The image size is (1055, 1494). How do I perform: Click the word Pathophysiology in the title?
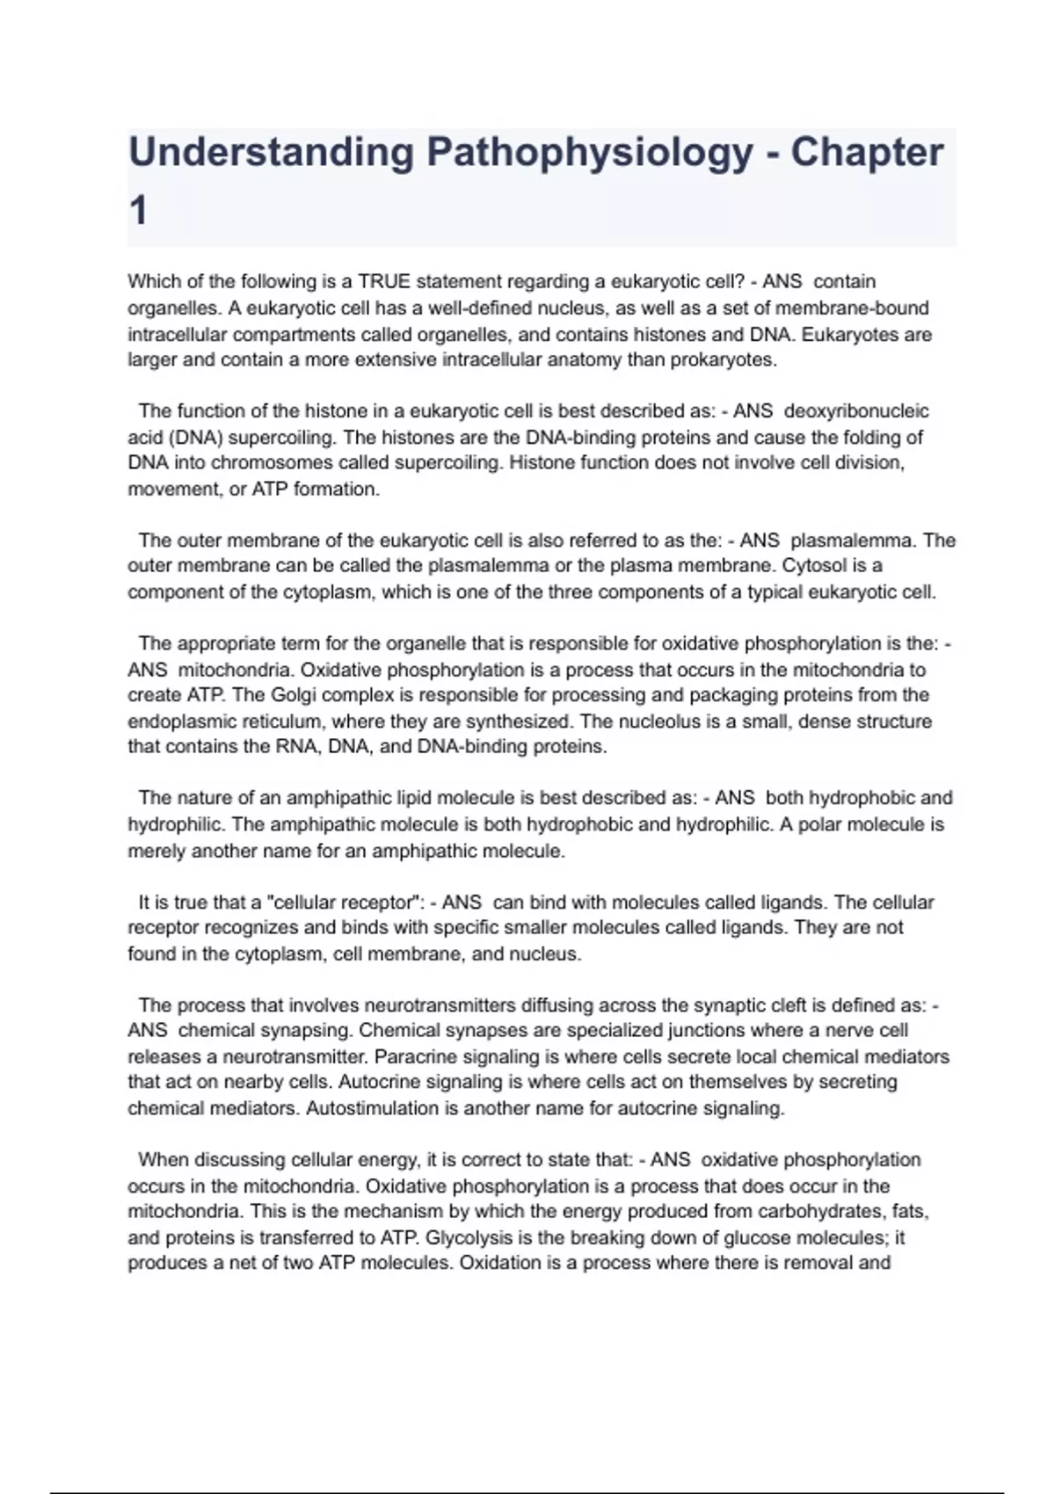(x=589, y=153)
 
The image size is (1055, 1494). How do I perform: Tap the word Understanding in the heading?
(x=271, y=153)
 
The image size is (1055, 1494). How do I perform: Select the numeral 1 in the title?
(x=138, y=212)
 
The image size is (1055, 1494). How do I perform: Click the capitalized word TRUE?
(x=384, y=282)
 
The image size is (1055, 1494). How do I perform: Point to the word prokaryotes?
(x=723, y=359)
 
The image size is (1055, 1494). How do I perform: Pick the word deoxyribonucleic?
(x=855, y=411)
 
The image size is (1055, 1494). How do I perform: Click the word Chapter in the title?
(x=867, y=153)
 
